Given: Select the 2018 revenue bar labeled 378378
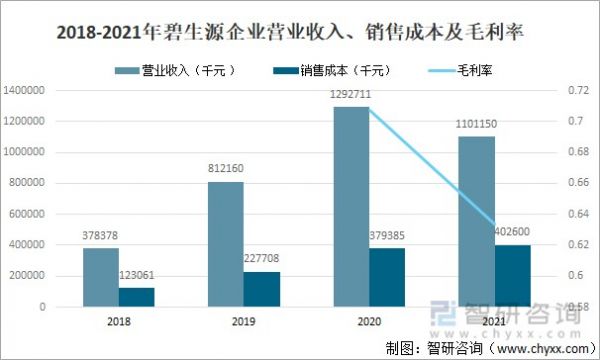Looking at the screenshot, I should (100, 277).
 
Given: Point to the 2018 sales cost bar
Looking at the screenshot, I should (136, 297).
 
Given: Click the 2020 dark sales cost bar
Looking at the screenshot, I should (388, 276).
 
